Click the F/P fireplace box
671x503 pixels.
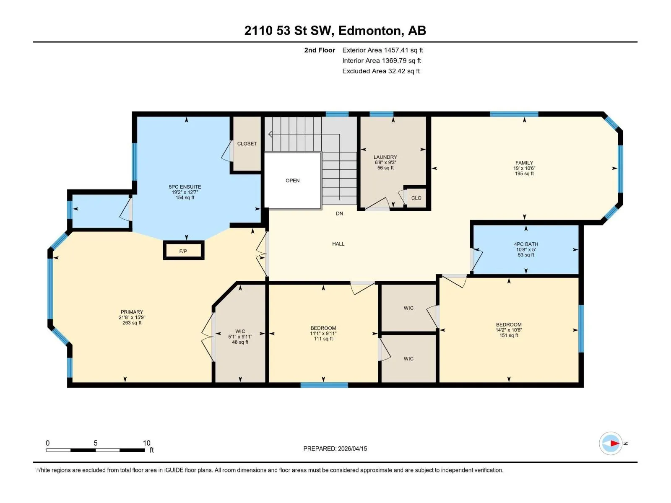[183, 250]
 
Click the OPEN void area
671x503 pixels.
[293, 181]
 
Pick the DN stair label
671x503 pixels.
[339, 213]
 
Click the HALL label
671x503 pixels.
[338, 244]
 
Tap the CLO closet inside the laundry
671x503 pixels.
[416, 198]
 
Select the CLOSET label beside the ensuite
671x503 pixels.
[247, 143]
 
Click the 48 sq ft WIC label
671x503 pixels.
[240, 337]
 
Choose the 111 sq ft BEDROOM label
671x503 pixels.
[323, 333]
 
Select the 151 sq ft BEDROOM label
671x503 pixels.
[509, 330]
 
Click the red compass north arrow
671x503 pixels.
[615, 443]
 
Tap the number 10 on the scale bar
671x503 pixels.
[147, 443]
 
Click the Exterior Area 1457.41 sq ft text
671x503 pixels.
[382, 50]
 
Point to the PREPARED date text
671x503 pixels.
[335, 449]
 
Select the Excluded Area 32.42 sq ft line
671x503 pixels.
[381, 71]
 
